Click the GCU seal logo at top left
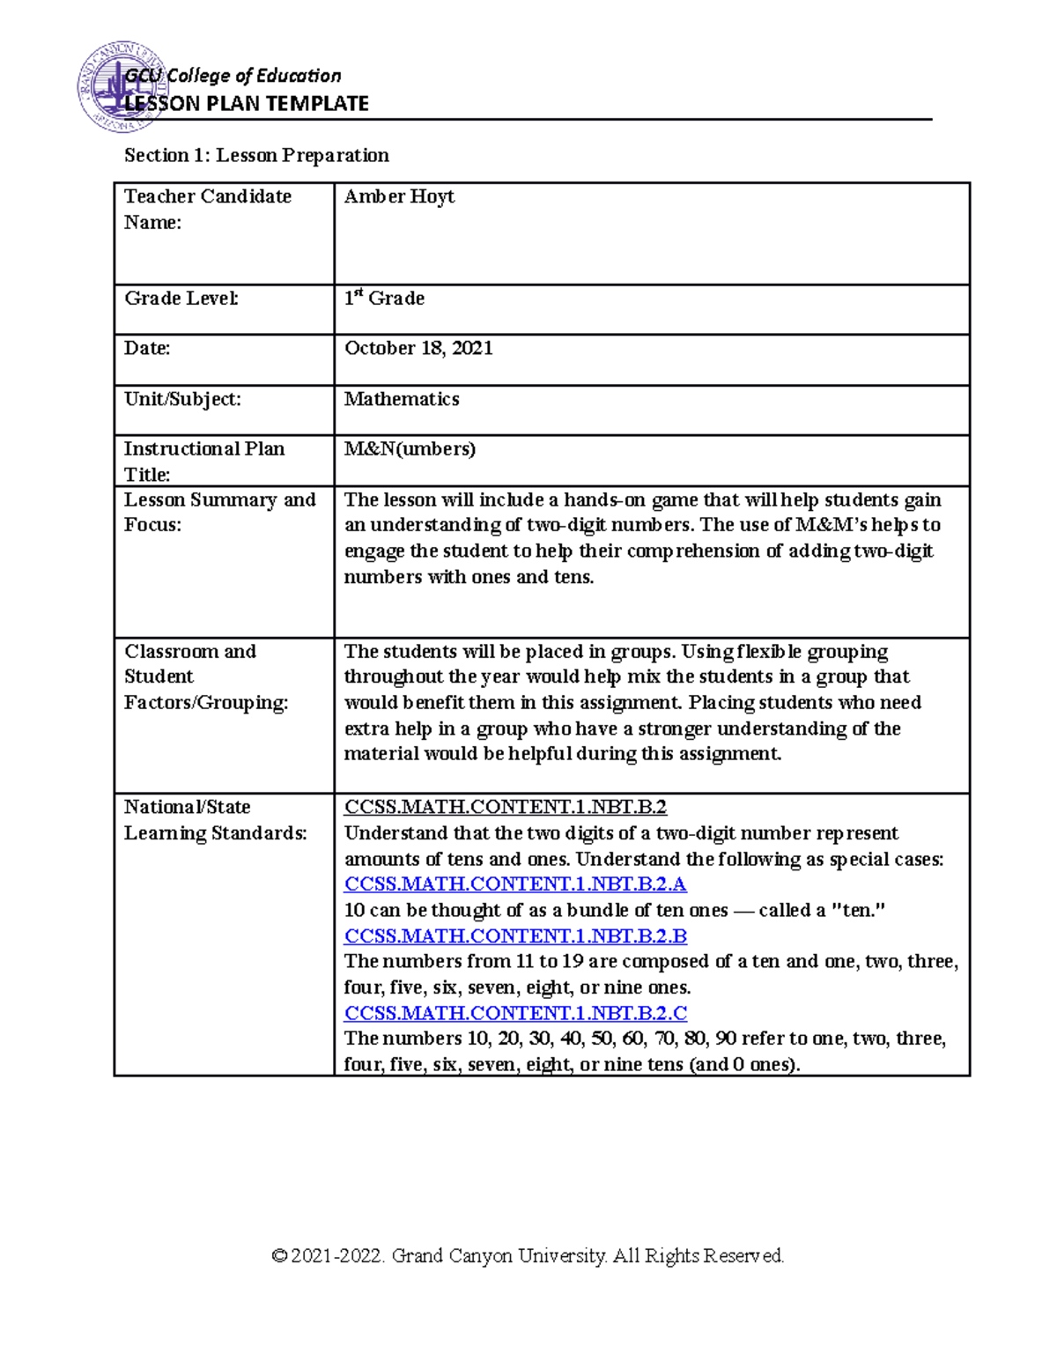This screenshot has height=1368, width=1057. (113, 86)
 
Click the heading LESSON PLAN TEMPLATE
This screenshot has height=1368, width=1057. (247, 104)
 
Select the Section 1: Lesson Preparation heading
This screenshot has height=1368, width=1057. (256, 156)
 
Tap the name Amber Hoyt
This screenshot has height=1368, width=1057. (399, 196)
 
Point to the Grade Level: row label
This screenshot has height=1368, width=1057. (181, 299)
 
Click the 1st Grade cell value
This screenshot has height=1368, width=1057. (384, 299)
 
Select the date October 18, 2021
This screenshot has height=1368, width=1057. (418, 349)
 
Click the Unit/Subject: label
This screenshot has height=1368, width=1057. (182, 399)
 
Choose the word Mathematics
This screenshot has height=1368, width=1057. (402, 399)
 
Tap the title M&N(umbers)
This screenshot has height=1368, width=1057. (410, 449)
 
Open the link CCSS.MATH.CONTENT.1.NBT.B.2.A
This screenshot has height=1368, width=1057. (515, 884)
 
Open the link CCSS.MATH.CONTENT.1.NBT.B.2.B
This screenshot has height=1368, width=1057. (515, 935)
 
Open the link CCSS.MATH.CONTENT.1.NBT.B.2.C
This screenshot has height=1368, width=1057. (515, 1013)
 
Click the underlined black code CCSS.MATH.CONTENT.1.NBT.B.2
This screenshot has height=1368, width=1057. (506, 807)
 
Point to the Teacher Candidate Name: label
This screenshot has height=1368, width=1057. (208, 209)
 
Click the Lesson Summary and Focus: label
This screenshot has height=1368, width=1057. (219, 512)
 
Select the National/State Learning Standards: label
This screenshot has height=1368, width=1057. (215, 820)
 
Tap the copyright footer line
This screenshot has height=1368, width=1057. (528, 1255)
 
